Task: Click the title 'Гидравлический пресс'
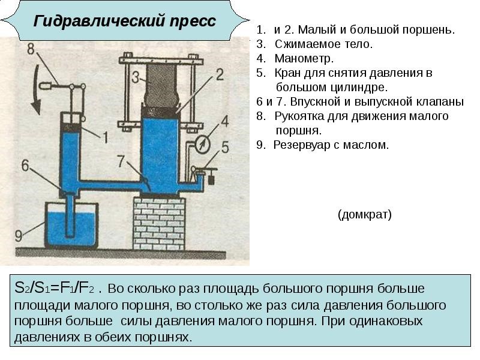(124, 22)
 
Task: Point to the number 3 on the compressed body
(136, 77)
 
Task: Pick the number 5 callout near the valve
(226, 146)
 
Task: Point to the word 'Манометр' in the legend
(304, 58)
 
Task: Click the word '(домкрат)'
(365, 215)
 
